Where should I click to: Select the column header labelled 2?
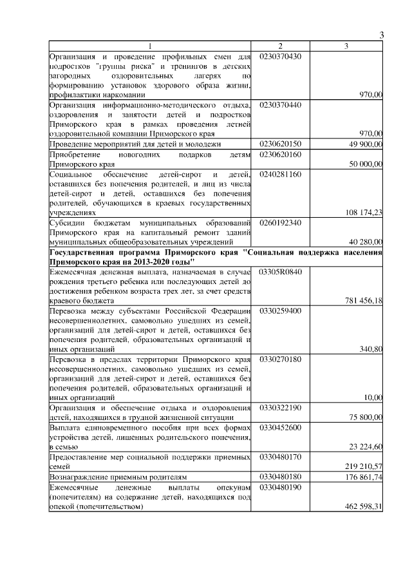tap(280, 46)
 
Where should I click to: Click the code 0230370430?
tap(280, 56)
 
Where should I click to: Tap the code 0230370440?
tap(280, 104)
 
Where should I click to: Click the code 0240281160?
tap(280, 174)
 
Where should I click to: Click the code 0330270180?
tap(280, 358)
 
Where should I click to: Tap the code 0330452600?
tap(280, 426)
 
